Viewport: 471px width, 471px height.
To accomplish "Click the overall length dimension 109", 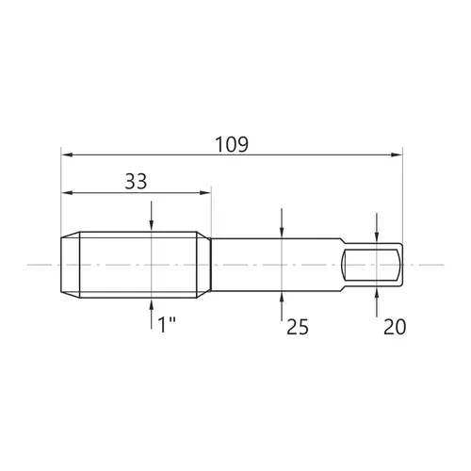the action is pos(232,144).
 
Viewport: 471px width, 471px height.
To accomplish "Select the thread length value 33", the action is pos(136,182).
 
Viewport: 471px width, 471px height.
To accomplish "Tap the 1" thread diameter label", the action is pos(167,325).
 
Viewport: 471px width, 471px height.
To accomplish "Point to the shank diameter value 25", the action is pos(298,327).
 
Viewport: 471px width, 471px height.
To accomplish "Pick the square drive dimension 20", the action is pos(395,327).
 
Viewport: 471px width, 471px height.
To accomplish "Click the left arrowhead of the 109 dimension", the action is pos(67,154).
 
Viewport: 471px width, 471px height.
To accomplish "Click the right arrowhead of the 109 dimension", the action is pos(397,154).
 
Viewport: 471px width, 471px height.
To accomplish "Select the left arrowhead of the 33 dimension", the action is pos(67,193).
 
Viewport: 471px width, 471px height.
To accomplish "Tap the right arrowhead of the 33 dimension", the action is pos(204,193).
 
